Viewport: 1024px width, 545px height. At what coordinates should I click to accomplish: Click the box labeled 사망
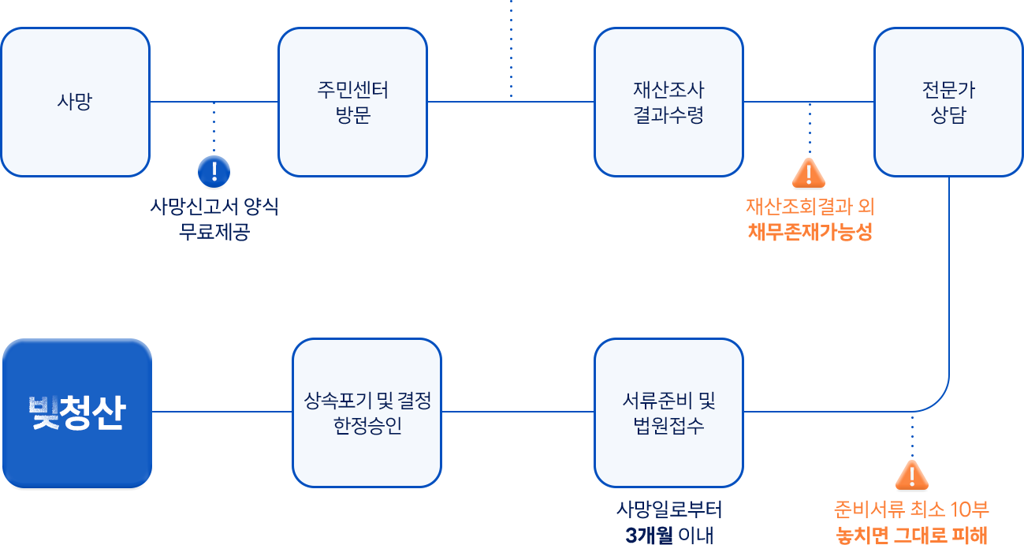point(75,102)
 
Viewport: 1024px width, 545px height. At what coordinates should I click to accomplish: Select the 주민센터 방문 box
point(352,102)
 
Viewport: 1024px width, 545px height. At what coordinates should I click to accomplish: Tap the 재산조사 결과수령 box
point(668,102)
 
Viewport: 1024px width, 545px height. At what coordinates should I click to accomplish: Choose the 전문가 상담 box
point(948,102)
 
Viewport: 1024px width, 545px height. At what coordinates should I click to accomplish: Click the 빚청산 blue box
point(76,412)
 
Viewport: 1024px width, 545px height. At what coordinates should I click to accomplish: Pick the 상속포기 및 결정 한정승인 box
point(367,413)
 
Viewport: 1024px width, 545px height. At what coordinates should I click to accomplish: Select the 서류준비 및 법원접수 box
point(668,413)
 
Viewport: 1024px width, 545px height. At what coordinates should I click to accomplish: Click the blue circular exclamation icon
point(214,170)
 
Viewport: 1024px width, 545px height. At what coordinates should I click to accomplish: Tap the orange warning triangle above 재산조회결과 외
point(809,172)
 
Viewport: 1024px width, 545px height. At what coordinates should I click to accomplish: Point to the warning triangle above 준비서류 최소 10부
point(911,475)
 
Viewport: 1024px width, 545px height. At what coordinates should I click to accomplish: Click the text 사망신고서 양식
point(214,207)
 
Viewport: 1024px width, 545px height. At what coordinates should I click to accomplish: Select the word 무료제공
point(214,233)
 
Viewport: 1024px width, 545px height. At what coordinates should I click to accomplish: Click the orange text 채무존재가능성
point(810,233)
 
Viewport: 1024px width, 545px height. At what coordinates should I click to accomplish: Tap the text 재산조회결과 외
point(810,207)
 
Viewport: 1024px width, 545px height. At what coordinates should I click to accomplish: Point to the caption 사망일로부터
point(669,509)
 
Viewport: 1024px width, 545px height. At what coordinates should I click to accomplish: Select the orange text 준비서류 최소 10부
point(911,509)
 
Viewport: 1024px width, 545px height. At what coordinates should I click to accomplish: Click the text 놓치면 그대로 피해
point(911,535)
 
